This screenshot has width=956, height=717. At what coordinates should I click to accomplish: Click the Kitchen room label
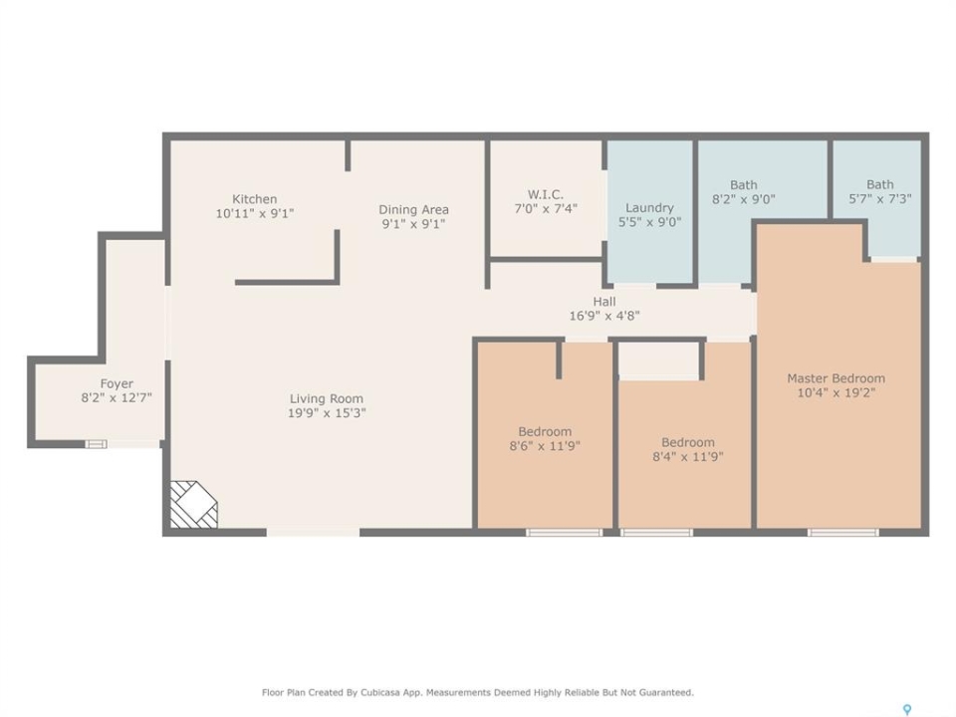click(x=254, y=199)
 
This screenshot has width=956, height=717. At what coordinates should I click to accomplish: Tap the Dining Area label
click(x=413, y=210)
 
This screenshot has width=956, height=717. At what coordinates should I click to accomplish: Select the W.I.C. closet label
click(x=545, y=194)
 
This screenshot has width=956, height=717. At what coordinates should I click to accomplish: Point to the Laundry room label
click(x=649, y=208)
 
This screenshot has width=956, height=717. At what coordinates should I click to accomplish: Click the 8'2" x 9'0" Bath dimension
click(x=743, y=199)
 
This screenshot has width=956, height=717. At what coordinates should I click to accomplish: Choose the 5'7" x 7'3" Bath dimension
click(x=879, y=199)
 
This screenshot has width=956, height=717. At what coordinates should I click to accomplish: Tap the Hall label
click(x=604, y=301)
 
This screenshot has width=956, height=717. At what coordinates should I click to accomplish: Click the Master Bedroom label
click(x=836, y=378)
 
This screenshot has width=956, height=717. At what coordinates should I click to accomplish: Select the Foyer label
click(x=117, y=384)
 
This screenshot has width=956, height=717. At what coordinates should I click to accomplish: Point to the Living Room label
click(x=327, y=398)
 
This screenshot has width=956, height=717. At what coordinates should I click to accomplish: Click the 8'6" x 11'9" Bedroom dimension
click(x=545, y=446)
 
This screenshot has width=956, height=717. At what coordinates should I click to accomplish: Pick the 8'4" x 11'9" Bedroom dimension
click(x=688, y=457)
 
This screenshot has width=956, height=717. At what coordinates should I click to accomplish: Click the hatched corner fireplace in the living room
click(x=193, y=504)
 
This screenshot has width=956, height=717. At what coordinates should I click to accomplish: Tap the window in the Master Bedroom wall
click(x=843, y=532)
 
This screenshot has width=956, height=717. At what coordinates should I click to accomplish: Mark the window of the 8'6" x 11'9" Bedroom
click(x=564, y=532)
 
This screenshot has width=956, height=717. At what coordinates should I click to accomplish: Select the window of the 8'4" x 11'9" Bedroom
click(x=656, y=532)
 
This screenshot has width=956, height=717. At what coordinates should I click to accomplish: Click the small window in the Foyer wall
click(x=96, y=444)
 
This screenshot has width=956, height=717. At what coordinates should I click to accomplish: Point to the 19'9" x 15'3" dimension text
click(x=327, y=413)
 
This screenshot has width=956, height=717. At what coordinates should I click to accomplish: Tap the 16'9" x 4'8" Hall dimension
click(x=604, y=316)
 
